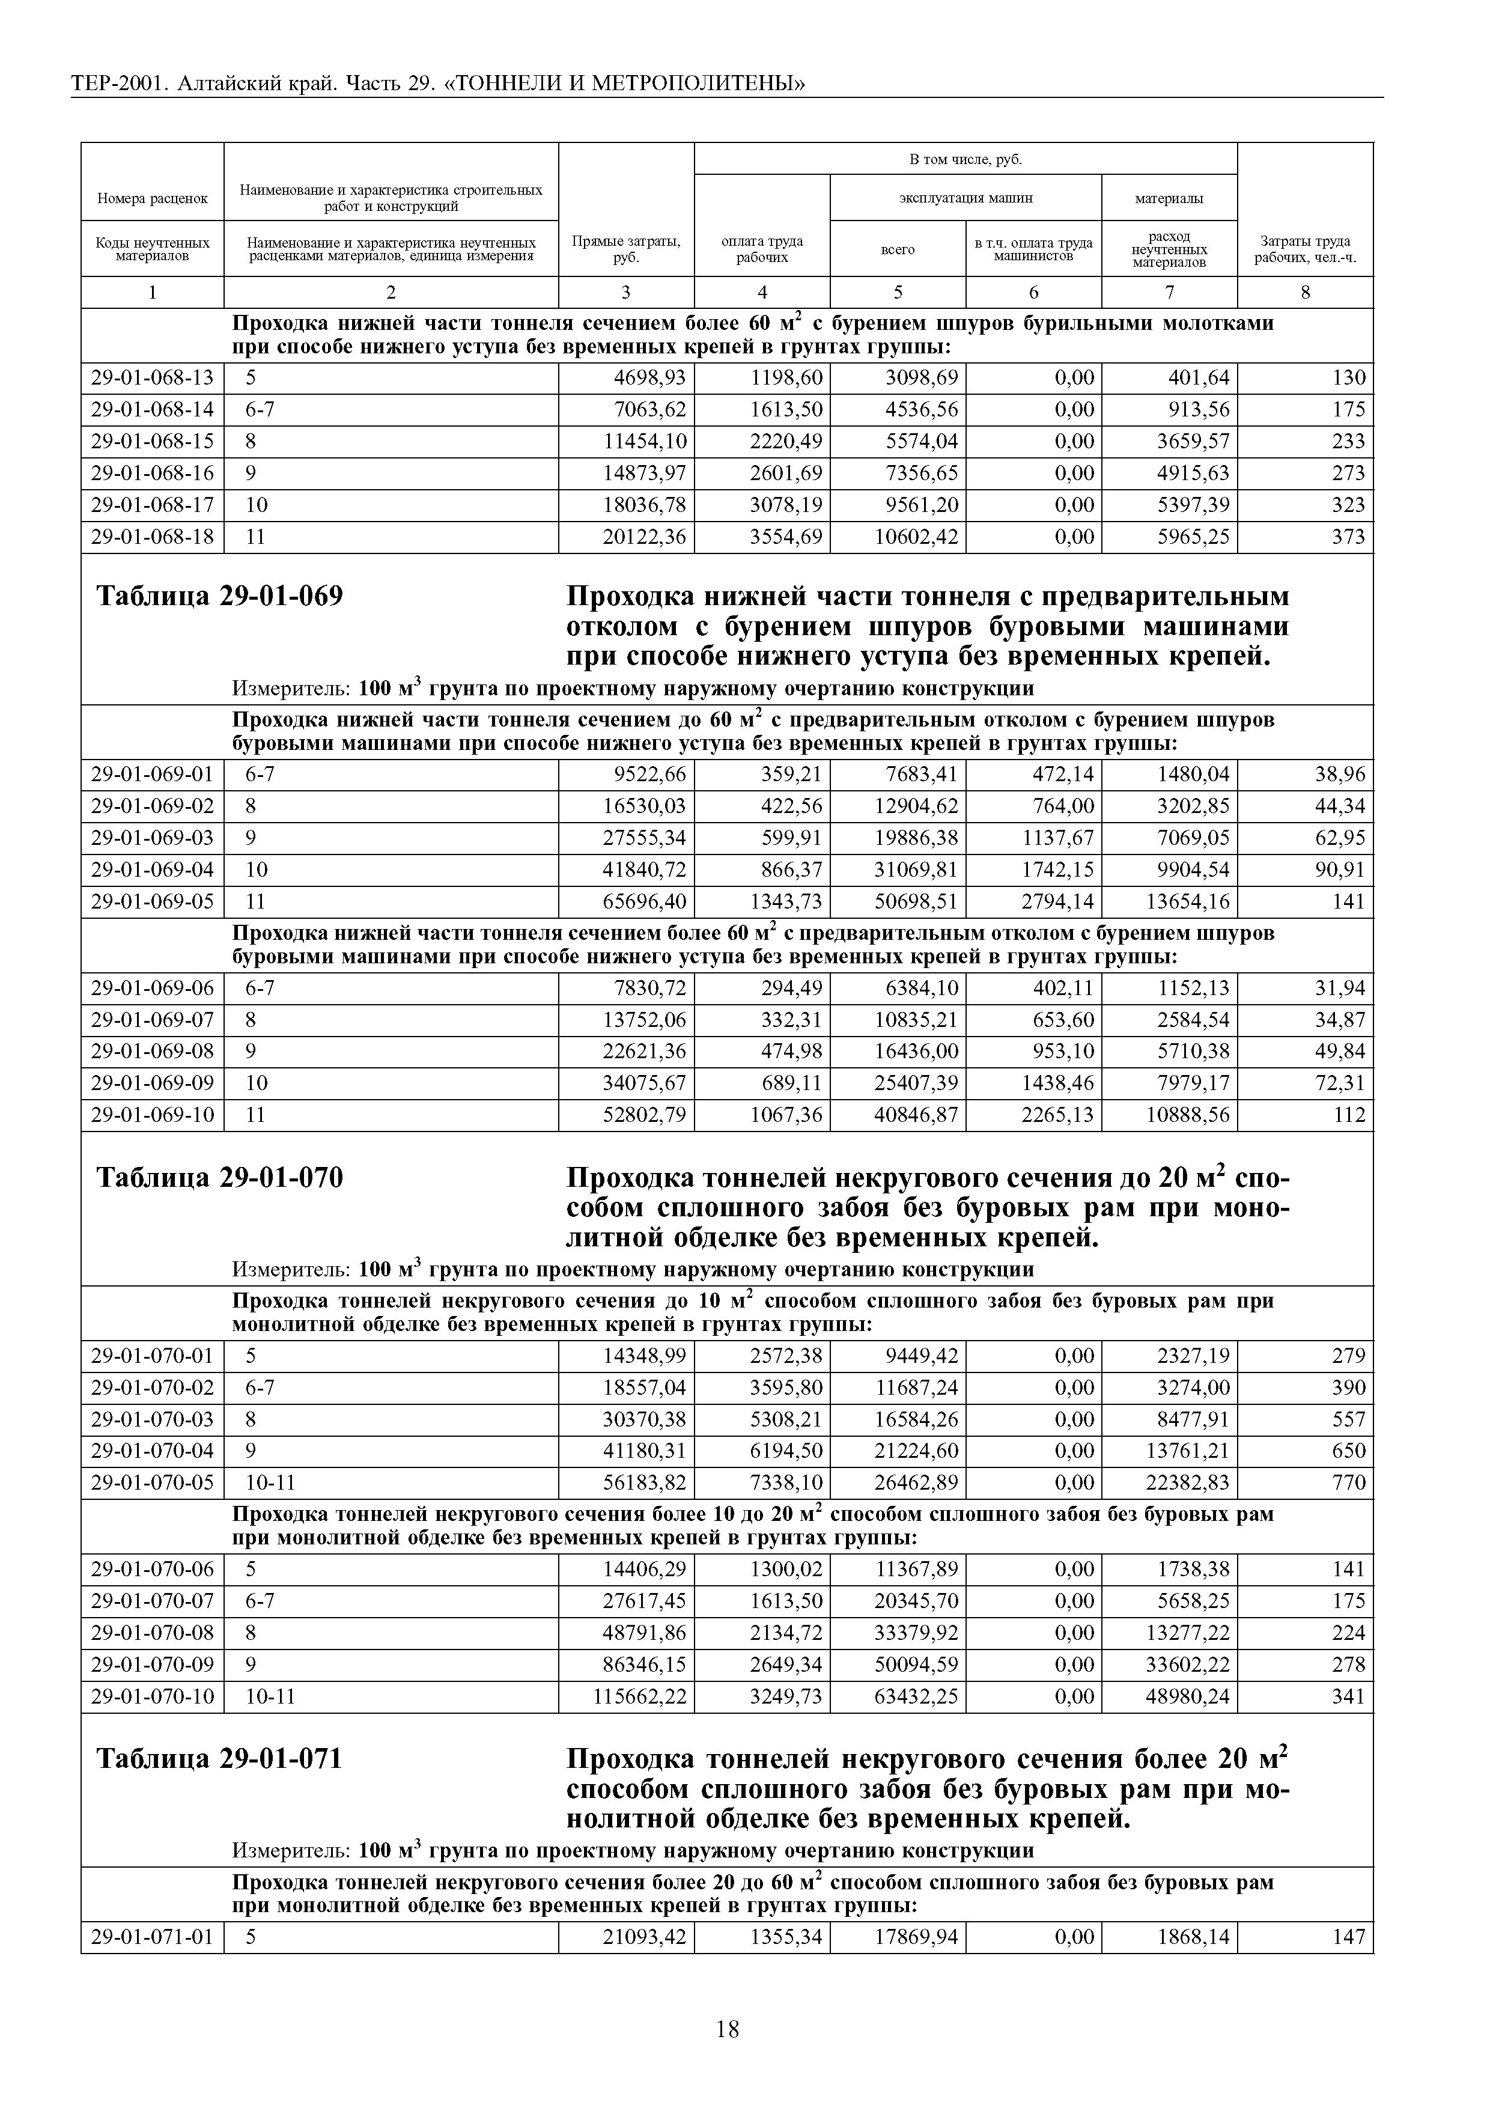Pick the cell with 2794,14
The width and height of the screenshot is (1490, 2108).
click(x=1057, y=901)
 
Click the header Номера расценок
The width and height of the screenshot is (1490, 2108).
click(x=153, y=198)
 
